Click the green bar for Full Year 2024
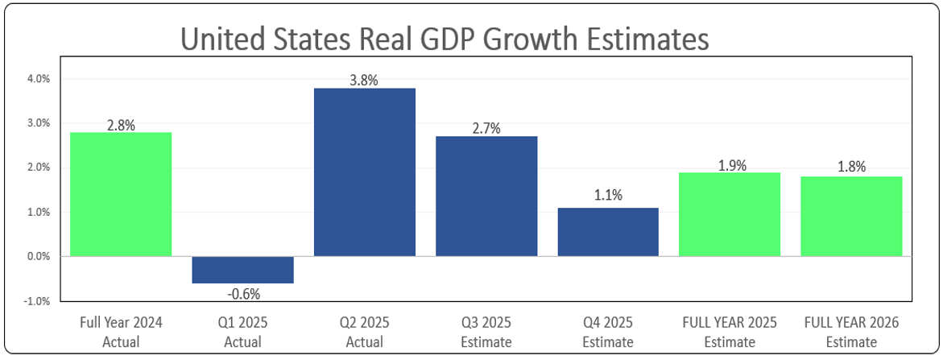pyautogui.click(x=121, y=194)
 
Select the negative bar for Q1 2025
pyautogui.click(x=242, y=270)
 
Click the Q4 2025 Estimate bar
pyautogui.click(x=608, y=232)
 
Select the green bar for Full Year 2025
pyautogui.click(x=730, y=214)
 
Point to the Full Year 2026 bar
pyautogui.click(x=851, y=216)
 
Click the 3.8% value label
pyautogui.click(x=364, y=80)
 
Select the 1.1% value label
pyautogui.click(x=608, y=196)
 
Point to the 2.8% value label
pyautogui.click(x=121, y=125)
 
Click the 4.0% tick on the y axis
pyautogui.click(x=39, y=80)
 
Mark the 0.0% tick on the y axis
pyautogui.click(x=39, y=257)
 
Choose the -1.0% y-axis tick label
pyautogui.click(x=38, y=302)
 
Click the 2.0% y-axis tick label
pyautogui.click(x=39, y=168)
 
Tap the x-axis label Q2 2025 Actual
pyautogui.click(x=364, y=332)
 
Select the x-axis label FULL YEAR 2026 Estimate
pyautogui.click(x=851, y=332)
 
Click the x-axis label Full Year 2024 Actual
pyautogui.click(x=121, y=332)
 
